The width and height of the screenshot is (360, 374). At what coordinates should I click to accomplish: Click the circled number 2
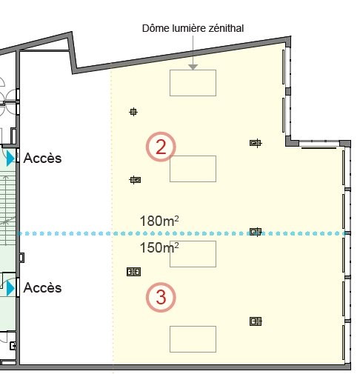(x=161, y=147)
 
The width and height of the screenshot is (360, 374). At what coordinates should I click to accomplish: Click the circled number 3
(x=161, y=297)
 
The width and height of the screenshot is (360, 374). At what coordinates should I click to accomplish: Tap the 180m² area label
(x=159, y=221)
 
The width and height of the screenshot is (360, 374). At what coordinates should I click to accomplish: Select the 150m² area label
(x=159, y=247)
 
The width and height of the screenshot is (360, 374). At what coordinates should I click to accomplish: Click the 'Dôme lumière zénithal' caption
(x=193, y=28)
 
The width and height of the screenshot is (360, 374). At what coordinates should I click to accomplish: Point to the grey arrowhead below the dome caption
(x=193, y=67)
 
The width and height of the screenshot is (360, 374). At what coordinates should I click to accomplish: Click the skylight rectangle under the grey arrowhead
(x=193, y=83)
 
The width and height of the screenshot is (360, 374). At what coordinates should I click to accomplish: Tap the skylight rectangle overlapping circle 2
(x=193, y=169)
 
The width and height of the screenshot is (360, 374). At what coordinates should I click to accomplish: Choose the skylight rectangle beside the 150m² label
(x=193, y=254)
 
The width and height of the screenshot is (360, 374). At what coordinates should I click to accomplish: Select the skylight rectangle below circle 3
(x=193, y=339)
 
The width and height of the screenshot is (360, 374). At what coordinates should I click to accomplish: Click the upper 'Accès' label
(x=42, y=158)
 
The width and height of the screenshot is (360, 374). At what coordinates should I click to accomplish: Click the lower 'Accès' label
(x=42, y=288)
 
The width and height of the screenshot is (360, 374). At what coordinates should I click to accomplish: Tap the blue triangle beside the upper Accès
(x=10, y=158)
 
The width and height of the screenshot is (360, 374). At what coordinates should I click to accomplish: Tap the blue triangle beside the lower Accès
(x=10, y=288)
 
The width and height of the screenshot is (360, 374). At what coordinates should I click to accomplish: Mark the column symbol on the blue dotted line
(x=256, y=232)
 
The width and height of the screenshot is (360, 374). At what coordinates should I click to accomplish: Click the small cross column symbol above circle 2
(x=133, y=112)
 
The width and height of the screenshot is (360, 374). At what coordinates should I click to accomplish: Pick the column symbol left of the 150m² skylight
(x=133, y=272)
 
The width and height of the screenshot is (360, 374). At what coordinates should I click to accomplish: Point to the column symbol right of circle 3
(x=256, y=321)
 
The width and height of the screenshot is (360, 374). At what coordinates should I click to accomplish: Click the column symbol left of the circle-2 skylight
(x=135, y=180)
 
